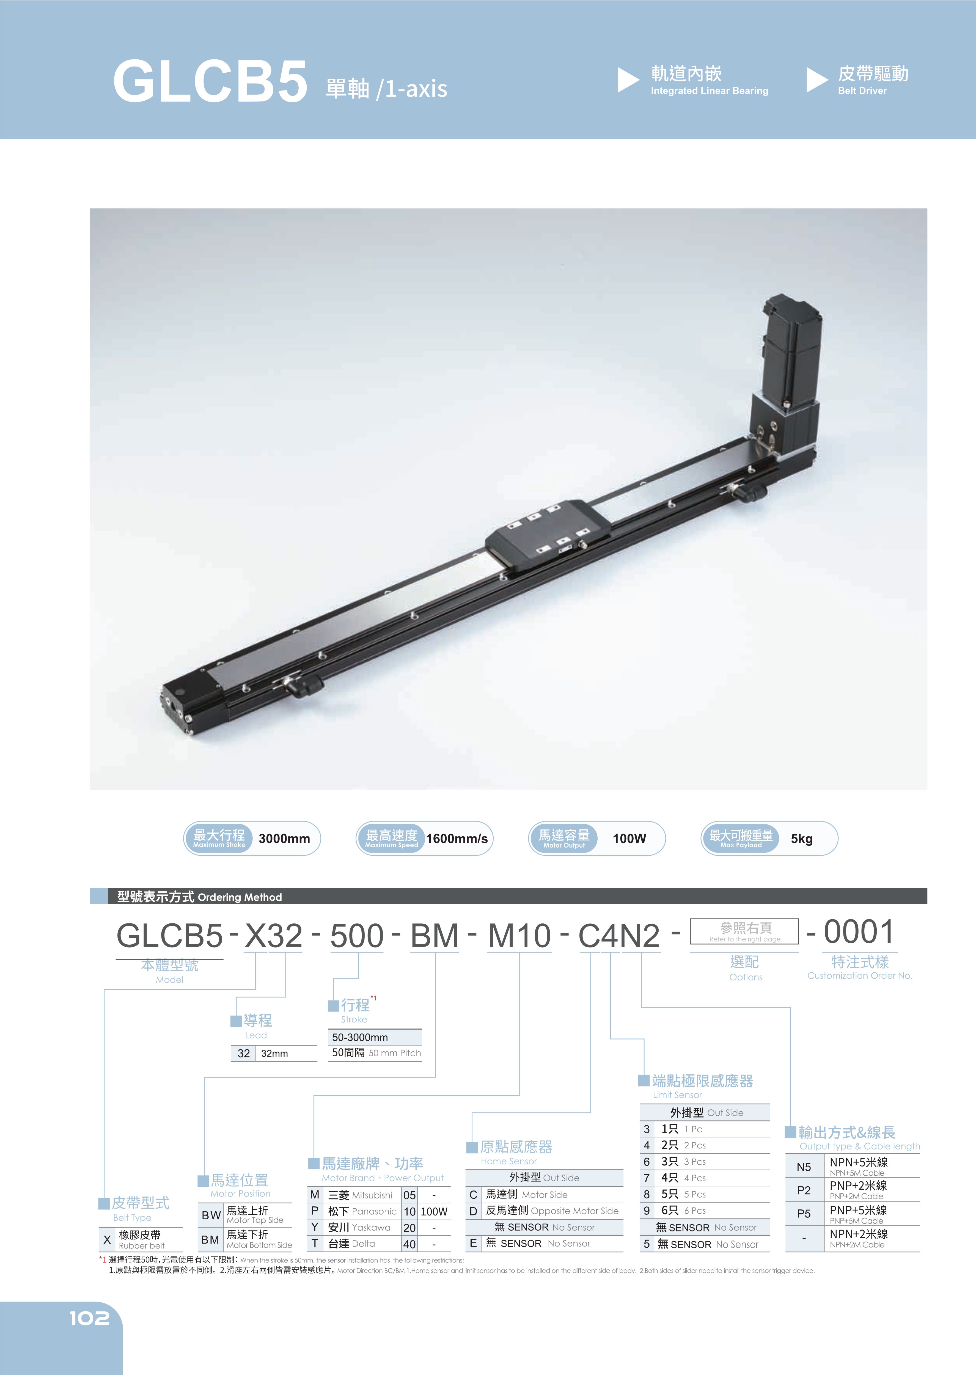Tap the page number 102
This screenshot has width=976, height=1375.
[90, 1318]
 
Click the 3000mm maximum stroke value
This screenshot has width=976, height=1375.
[284, 838]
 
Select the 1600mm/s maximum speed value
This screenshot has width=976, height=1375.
[457, 838]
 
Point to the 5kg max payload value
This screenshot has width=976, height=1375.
[802, 838]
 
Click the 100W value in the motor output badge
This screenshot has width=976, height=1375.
[629, 838]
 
